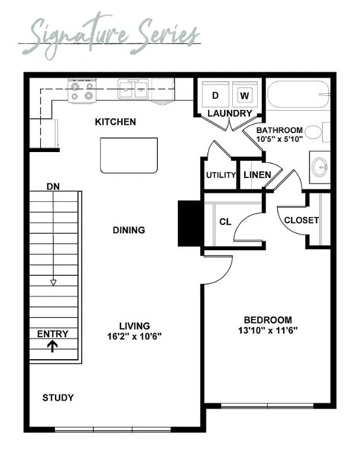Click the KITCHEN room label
click(x=115, y=122)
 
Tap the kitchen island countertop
click(x=129, y=155)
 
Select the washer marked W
click(x=245, y=94)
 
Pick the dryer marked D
click(x=215, y=94)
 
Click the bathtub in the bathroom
click(x=299, y=94)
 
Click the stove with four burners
click(x=82, y=91)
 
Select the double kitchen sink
click(x=133, y=89)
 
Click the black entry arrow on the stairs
click(x=53, y=347)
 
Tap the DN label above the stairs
click(x=53, y=186)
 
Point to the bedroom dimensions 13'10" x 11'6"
click(x=268, y=331)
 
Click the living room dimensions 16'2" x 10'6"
click(x=135, y=337)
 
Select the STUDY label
click(x=58, y=398)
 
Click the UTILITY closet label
click(x=221, y=175)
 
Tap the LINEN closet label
click(x=257, y=175)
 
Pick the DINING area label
click(x=129, y=230)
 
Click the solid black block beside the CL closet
click(x=189, y=223)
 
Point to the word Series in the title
click(x=168, y=34)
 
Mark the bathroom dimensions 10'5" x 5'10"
click(x=280, y=139)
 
